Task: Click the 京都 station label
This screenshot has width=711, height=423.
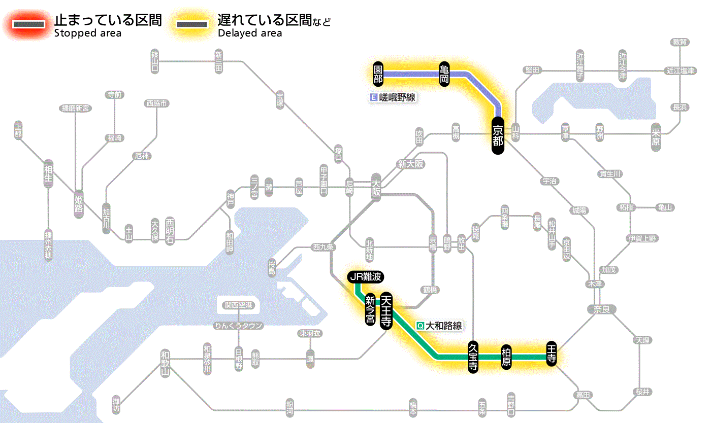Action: coord(497,135)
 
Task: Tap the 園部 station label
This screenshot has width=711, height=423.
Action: coord(378,74)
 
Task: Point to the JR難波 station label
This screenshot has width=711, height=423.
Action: coord(365,277)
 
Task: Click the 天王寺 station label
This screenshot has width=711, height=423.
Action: coord(386,310)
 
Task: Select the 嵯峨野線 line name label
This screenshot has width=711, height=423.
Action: coord(394,97)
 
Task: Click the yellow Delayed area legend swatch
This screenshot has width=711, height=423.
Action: coord(192,24)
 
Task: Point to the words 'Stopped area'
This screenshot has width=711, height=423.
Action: coord(88,33)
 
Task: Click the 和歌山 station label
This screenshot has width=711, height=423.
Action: coord(165,364)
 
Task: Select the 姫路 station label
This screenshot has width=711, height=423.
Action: coord(79,204)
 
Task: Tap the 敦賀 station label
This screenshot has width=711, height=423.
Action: coord(680,42)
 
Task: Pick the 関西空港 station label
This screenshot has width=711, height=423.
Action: coord(242,305)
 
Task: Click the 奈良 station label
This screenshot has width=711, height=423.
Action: coord(601,309)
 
